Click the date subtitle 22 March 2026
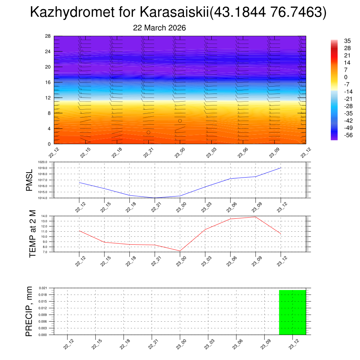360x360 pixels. tap(159, 28)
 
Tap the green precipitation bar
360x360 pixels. tap(292, 312)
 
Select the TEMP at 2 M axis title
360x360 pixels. tap(33, 234)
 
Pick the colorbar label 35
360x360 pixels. tap(347, 41)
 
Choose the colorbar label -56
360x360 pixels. tap(348, 135)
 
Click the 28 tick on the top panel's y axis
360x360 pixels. tap(48, 36)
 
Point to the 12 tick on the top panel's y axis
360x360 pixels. tap(48, 97)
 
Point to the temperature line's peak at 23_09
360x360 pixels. tap(256, 217)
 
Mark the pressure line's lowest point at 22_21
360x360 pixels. tap(155, 198)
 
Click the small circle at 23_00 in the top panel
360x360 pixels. tap(180, 121)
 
